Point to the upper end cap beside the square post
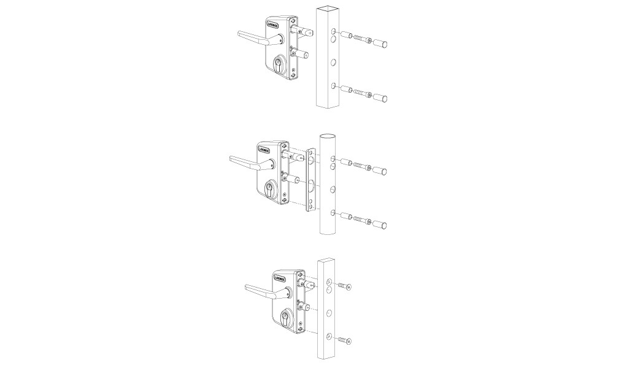(385, 44)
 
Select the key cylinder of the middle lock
(271, 189)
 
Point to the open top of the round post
(328, 135)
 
